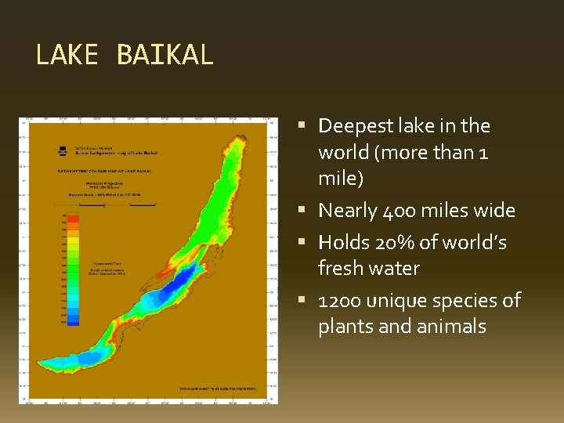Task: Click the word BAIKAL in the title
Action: click(164, 55)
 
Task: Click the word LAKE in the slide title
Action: click(67, 55)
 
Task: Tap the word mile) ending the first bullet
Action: click(341, 179)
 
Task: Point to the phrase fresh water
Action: click(369, 269)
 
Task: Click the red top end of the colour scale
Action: click(73, 218)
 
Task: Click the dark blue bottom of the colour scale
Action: click(73, 320)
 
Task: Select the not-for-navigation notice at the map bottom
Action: click(222, 389)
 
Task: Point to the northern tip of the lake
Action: click(243, 135)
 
